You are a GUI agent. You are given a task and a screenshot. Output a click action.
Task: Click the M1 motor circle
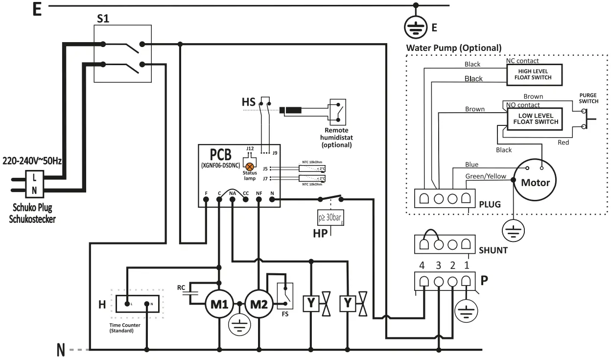[219, 304]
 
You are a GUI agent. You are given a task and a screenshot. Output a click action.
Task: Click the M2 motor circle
[259, 304]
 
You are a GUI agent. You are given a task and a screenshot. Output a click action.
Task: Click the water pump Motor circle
[535, 182]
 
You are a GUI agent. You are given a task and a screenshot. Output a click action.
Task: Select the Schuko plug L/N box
[34, 183]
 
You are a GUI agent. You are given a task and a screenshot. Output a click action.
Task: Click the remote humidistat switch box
[339, 112]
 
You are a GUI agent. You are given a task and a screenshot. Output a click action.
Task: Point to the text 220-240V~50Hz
[32, 161]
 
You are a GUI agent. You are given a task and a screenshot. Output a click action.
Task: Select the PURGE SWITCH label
[588, 98]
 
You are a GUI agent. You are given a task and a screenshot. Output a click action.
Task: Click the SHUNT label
[493, 250]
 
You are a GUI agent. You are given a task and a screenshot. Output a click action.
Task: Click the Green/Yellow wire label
[486, 176]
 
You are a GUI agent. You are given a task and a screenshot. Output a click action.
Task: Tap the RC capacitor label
[181, 287]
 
